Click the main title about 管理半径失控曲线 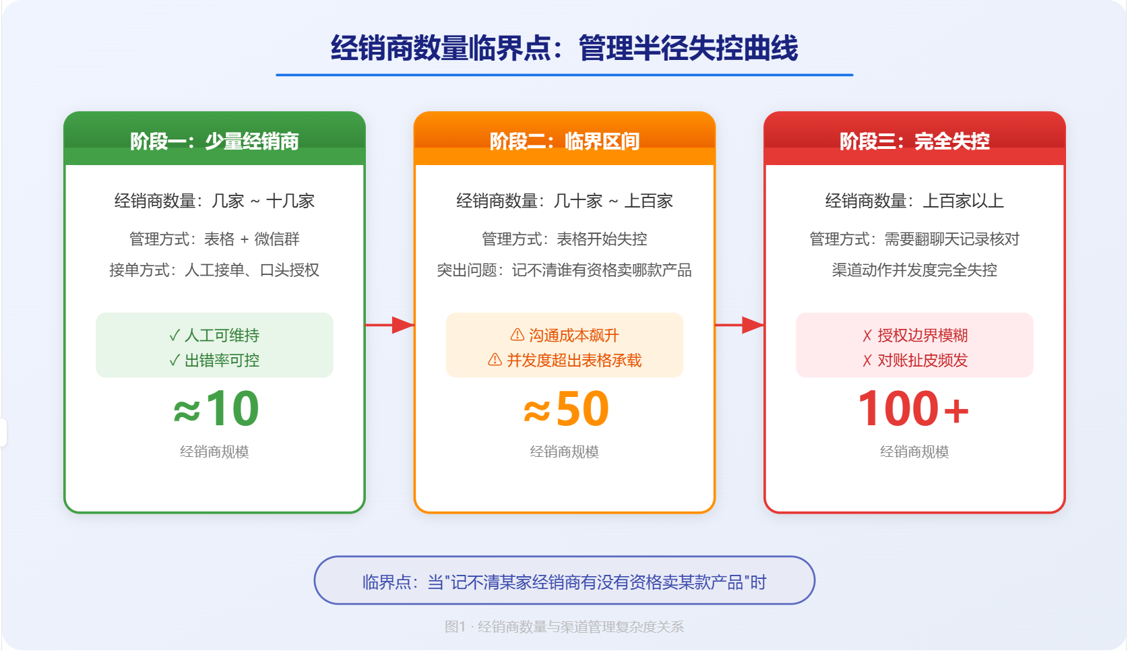coord(564,49)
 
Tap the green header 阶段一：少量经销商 coord(214,142)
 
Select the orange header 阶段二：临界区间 coord(565,142)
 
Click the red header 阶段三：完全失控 coord(914,142)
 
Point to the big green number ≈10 coord(216,408)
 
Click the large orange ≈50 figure coord(566,408)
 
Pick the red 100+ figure coord(914,408)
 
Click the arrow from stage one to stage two coord(389,325)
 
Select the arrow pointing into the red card coord(740,325)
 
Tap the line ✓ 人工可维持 coord(214,336)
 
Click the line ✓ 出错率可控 coord(214,361)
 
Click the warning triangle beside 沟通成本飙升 coord(517,335)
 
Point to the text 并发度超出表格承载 coord(574,361)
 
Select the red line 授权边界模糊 coord(922,336)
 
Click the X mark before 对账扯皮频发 coord(867,361)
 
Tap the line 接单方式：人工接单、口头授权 coord(214,270)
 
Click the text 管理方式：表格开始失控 coord(565,239)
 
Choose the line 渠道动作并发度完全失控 coord(914,270)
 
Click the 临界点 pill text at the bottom coord(565,582)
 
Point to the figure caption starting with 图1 coord(565,627)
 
